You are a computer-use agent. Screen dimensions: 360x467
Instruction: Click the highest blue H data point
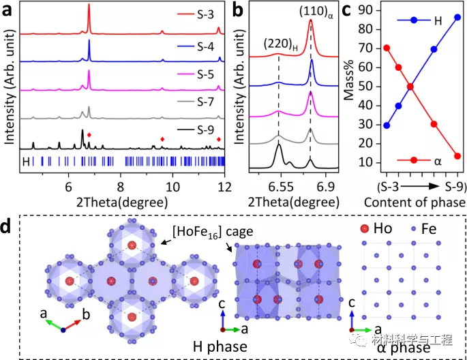tap(457, 18)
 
